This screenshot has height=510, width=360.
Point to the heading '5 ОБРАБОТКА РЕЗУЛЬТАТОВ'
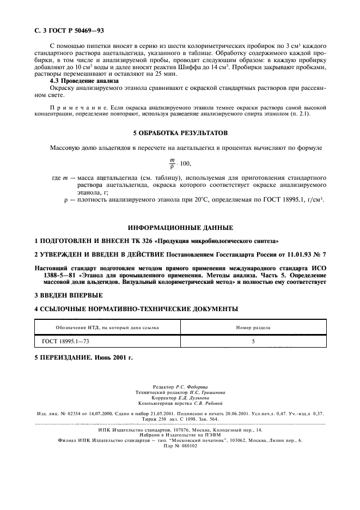(180, 133)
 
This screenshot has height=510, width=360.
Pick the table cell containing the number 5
(253, 342)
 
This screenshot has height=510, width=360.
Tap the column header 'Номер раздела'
(253, 327)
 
